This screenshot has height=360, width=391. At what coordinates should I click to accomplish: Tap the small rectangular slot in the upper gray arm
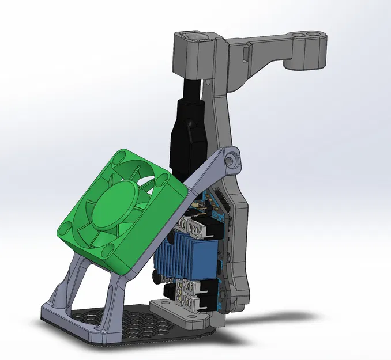point(247,56)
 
